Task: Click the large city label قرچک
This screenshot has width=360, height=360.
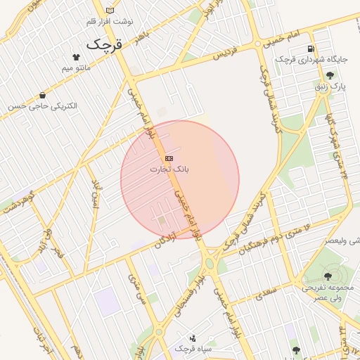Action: click(105, 44)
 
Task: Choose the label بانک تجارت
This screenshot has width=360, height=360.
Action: click(169, 169)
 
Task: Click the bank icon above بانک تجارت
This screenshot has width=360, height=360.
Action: click(169, 159)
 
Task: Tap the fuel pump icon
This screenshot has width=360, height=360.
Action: click(310, 49)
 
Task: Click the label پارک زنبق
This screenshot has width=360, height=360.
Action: click(330, 86)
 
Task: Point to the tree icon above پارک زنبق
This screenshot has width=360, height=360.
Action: click(330, 75)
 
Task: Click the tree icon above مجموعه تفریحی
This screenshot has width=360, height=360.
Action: click(328, 276)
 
